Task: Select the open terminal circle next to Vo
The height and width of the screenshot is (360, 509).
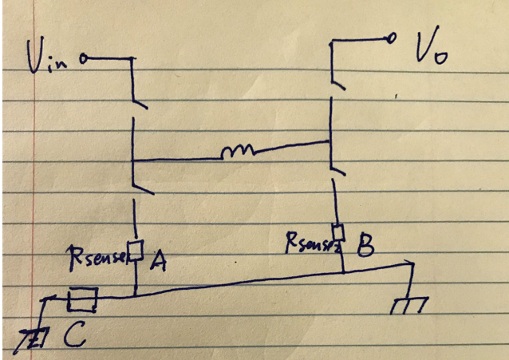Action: tap(392, 38)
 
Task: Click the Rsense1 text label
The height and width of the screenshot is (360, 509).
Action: tap(99, 258)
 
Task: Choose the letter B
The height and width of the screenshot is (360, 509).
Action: tap(364, 246)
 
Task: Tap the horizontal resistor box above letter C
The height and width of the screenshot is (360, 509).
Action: tap(82, 300)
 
